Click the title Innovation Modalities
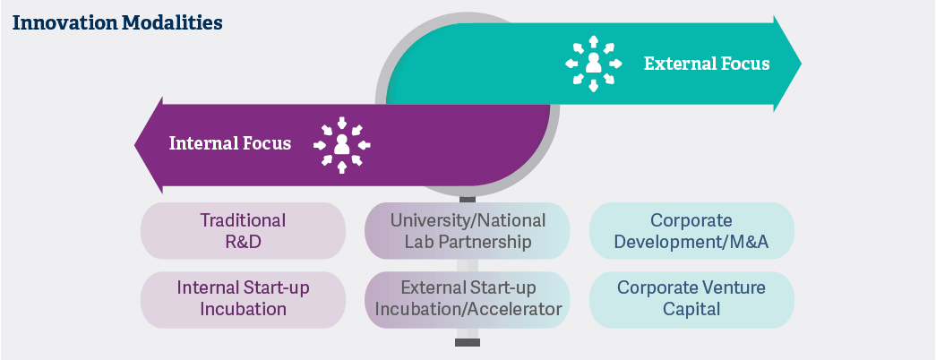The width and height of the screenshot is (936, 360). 117,22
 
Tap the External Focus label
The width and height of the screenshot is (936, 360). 706,64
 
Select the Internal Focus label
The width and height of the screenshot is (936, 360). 230,143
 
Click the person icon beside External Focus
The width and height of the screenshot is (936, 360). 593,64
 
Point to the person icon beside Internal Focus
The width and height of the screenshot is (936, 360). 341,144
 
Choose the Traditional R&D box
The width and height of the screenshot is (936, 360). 243,231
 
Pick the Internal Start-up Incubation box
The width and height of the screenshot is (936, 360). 243,299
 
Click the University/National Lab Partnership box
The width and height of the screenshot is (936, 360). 467,231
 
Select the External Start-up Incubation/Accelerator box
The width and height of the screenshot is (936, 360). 467,299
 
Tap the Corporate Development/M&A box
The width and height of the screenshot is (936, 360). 691,231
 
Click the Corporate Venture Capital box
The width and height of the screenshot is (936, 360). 691,299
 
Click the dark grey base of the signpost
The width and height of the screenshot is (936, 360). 467,342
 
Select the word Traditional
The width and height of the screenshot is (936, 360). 243,220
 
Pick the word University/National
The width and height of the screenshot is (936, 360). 467,220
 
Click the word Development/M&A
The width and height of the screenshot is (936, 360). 691,242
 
